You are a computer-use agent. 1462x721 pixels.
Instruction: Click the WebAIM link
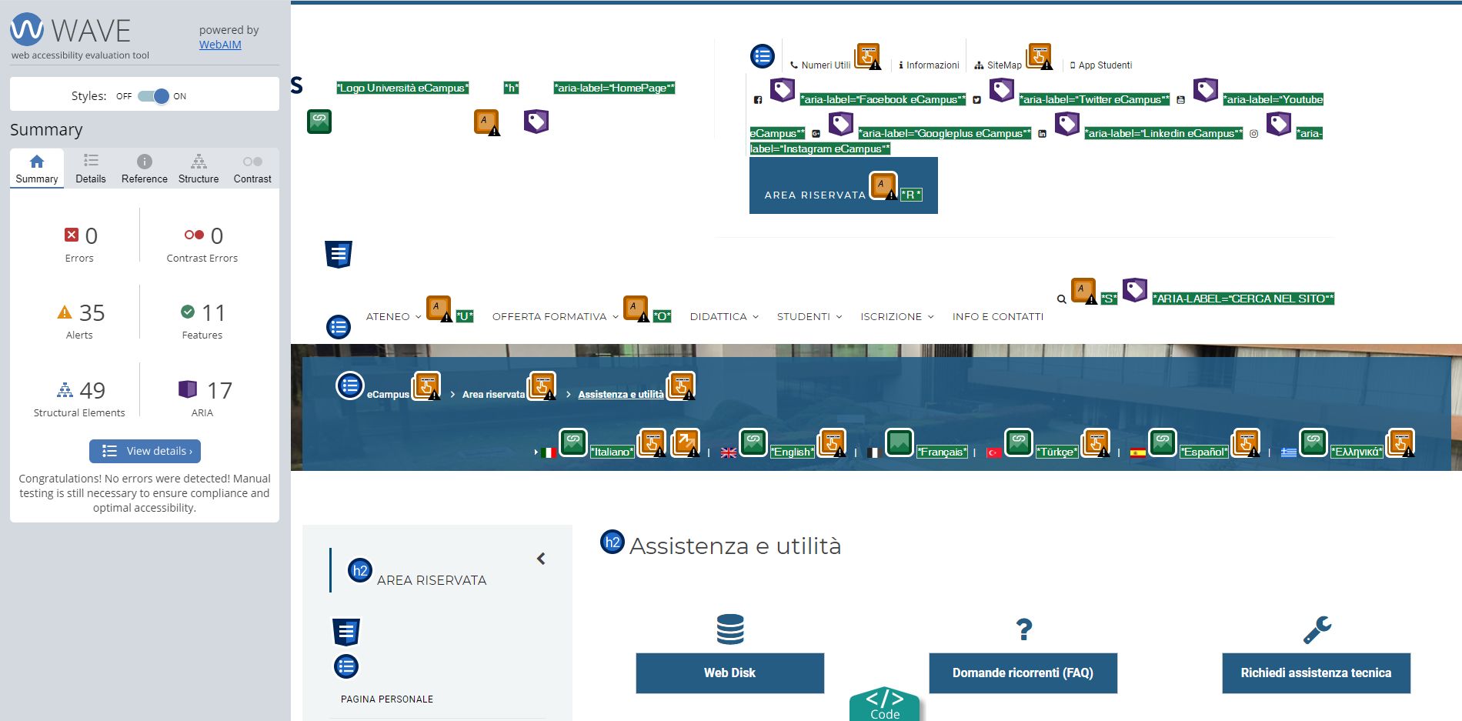point(220,45)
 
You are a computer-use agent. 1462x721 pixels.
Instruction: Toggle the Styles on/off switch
point(153,96)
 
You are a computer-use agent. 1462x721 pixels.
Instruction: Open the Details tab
point(91,169)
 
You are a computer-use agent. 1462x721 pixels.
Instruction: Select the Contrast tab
point(252,169)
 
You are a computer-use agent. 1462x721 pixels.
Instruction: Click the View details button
point(145,451)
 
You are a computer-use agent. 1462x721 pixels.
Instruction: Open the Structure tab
point(199,169)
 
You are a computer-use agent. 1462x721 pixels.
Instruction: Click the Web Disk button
point(729,673)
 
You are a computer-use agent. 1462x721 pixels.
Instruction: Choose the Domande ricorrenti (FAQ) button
point(1023,673)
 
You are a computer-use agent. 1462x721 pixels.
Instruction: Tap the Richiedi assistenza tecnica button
point(1316,673)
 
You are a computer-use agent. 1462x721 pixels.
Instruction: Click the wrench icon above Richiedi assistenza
point(1317,629)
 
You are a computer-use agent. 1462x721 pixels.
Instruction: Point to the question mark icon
point(1023,629)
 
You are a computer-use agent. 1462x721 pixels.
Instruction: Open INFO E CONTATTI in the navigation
point(998,316)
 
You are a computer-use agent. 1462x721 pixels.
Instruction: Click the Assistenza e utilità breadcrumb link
point(621,395)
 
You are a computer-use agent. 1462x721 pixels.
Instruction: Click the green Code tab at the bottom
point(885,704)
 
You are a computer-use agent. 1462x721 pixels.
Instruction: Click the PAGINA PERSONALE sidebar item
point(387,699)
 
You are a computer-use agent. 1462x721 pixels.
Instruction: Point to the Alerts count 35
point(92,313)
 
